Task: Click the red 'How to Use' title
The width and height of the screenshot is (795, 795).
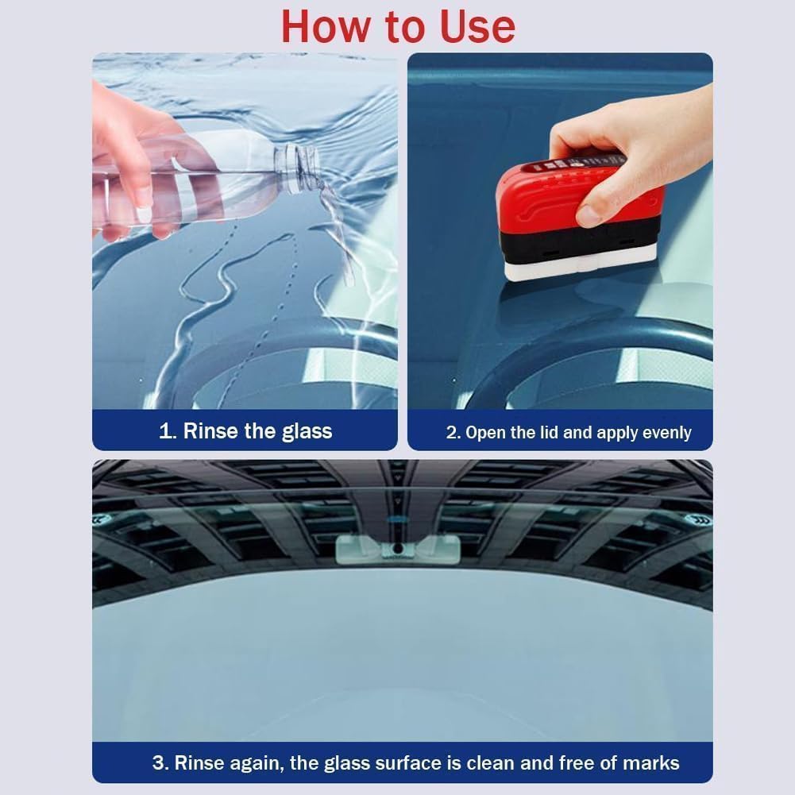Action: (398, 25)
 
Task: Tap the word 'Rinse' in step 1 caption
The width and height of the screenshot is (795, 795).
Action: (210, 431)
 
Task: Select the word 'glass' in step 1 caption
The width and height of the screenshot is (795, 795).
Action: (307, 431)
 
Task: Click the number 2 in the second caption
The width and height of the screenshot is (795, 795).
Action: (453, 433)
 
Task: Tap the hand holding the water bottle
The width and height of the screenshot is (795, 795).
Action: (127, 159)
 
